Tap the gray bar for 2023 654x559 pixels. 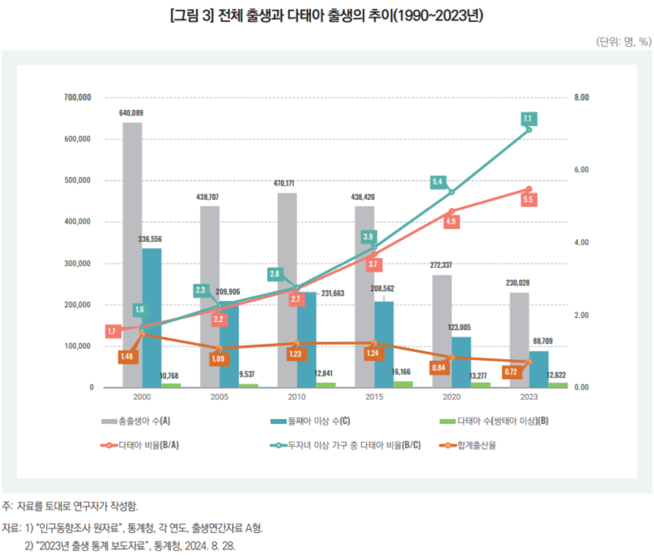(x=519, y=340)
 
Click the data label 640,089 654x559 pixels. (x=131, y=113)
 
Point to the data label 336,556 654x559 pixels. (x=150, y=239)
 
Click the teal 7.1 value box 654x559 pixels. (x=528, y=119)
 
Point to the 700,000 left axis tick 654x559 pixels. (x=79, y=97)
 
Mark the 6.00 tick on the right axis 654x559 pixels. (x=581, y=170)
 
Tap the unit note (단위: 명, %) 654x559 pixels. (x=623, y=41)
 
